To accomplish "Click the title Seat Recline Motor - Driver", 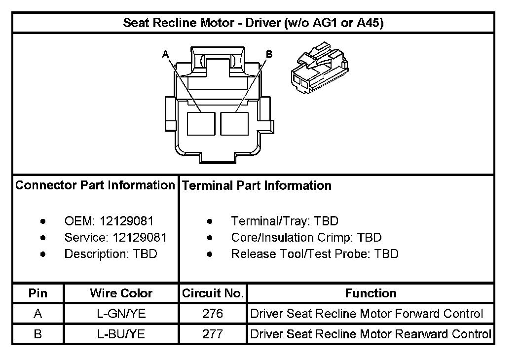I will [253, 23].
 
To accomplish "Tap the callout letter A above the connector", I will [165, 54].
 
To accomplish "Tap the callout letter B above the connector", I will [269, 54].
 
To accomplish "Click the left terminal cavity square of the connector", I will [201, 123].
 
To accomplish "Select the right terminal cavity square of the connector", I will [234, 123].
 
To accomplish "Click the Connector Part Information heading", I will [95, 185].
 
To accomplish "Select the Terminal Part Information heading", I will [257, 186].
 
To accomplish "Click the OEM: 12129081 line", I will [109, 221].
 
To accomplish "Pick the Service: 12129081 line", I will [115, 237].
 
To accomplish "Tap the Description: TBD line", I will [111, 253].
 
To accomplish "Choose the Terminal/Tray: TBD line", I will [284, 221].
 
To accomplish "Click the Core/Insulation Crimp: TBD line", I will [306, 237].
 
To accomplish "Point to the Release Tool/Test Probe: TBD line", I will [314, 253].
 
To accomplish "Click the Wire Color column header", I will [121, 293].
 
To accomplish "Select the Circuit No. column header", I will [213, 293].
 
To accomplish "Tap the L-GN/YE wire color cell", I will [121, 314].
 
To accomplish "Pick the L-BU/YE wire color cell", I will [121, 334].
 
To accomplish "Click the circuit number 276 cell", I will [213, 314].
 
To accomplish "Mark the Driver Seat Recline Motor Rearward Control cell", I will [371, 334].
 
